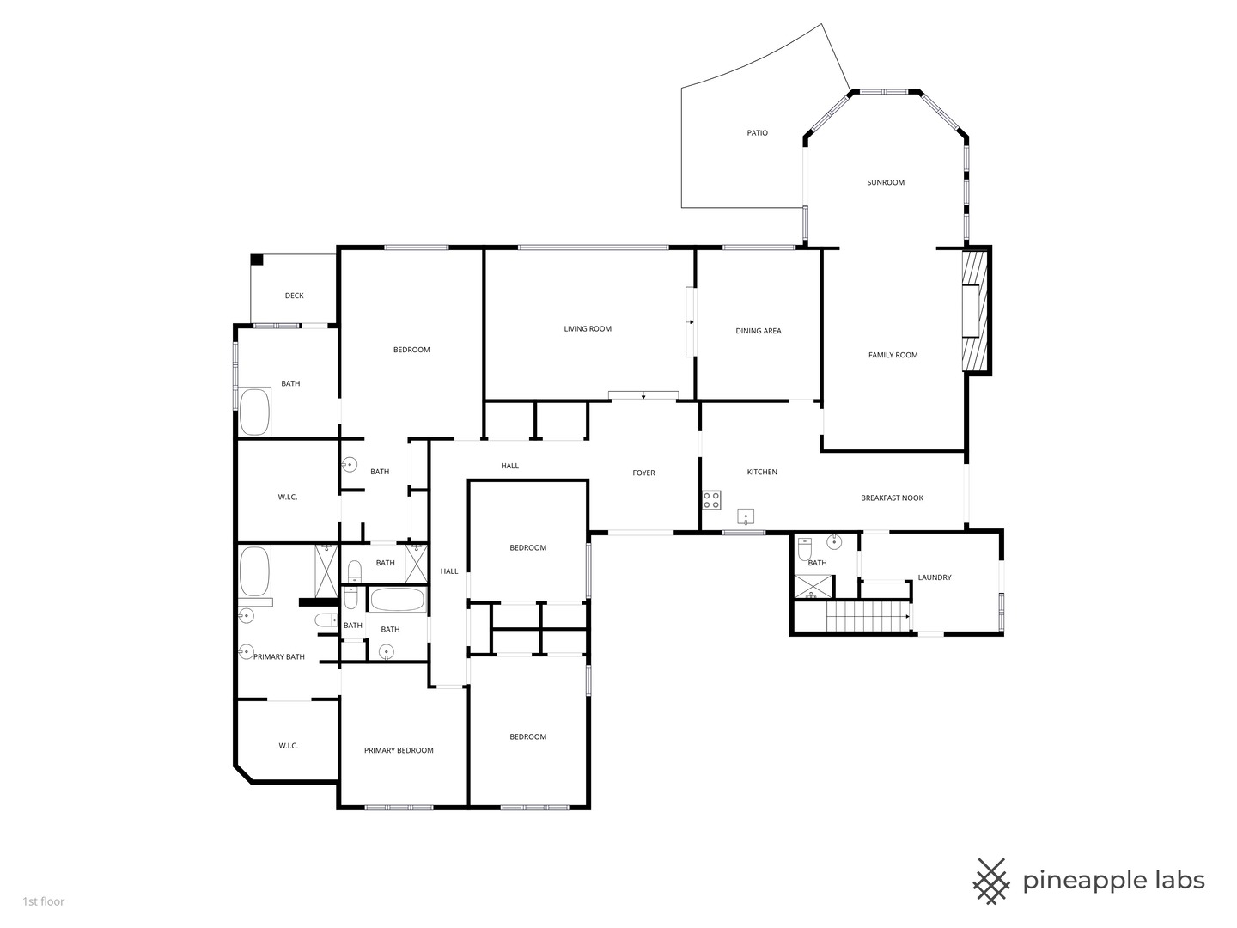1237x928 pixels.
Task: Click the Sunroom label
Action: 886,182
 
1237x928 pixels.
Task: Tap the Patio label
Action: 757,133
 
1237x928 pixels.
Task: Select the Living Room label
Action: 588,329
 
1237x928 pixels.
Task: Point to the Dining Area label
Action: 758,332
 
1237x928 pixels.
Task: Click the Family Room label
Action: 893,355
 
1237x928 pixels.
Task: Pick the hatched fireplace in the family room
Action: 975,311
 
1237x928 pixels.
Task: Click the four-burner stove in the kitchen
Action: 711,500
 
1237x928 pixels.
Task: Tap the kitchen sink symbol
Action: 746,516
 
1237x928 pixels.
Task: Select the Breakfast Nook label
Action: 892,498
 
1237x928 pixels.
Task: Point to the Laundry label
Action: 935,577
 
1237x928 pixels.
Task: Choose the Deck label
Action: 294,296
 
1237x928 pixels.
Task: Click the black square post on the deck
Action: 257,259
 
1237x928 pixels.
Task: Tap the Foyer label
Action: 643,473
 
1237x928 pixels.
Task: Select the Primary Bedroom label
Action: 399,750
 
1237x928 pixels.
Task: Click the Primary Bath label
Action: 279,657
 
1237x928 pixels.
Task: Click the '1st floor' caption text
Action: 44,901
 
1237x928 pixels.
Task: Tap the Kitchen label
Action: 762,473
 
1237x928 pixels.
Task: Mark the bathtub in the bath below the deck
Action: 255,412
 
